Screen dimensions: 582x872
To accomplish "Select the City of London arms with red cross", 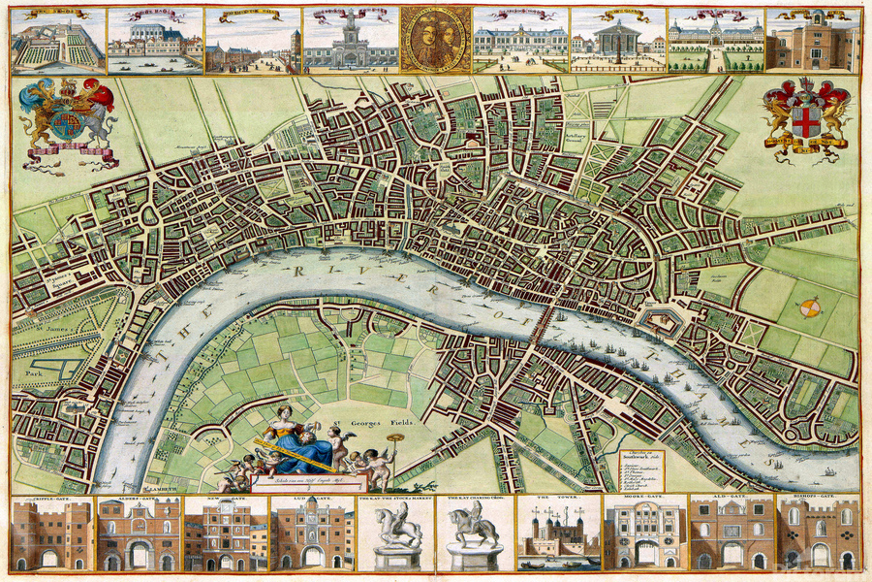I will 805,118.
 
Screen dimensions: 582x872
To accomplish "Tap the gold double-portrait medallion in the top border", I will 435,40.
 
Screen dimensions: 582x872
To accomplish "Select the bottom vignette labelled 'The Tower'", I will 559,533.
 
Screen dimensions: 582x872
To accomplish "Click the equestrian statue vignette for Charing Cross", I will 475,533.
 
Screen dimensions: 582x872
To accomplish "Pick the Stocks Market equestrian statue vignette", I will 397,533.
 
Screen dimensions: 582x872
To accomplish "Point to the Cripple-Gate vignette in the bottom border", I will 51,533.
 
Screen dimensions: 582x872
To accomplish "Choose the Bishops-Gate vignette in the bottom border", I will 819,533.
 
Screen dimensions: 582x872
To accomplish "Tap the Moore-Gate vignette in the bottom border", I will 644,533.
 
